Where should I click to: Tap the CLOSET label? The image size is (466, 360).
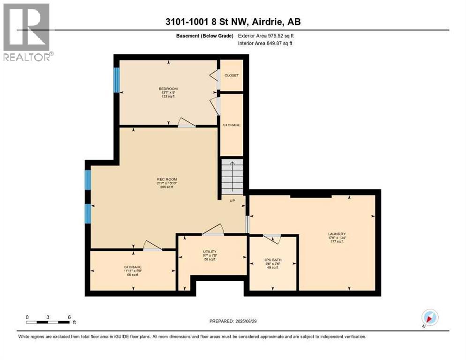click(x=232, y=75)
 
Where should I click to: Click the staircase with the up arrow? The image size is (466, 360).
click(x=232, y=176)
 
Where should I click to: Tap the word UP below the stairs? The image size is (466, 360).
click(x=232, y=201)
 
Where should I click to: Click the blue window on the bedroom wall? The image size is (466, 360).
click(x=117, y=80)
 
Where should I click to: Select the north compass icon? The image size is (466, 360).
click(x=429, y=317)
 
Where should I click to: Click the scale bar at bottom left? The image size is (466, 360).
click(x=48, y=322)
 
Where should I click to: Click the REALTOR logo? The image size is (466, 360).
click(x=27, y=32)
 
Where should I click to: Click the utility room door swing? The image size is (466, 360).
click(x=214, y=231)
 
